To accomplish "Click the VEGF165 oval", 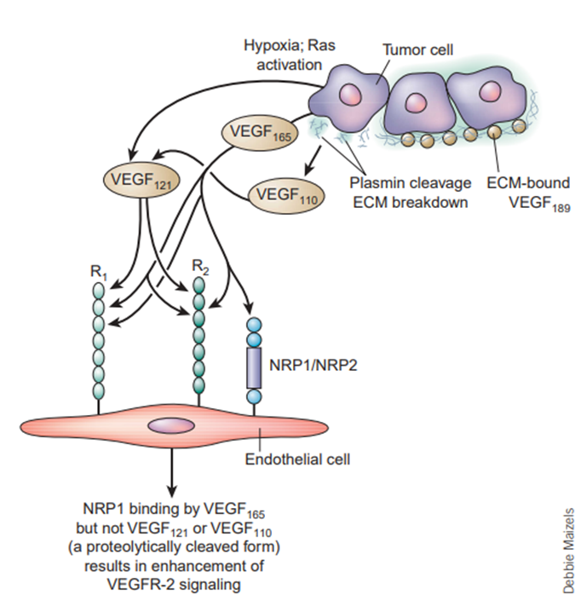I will (x=257, y=134).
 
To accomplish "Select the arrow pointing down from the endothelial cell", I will (x=174, y=470).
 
